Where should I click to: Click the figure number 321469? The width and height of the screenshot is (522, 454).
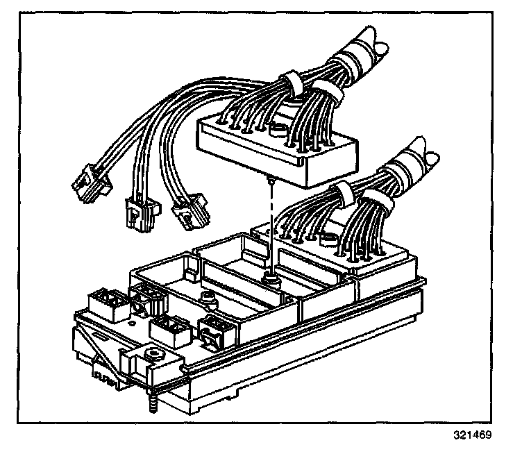click(473, 436)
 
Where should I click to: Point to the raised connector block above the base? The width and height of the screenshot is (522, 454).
click(278, 146)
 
